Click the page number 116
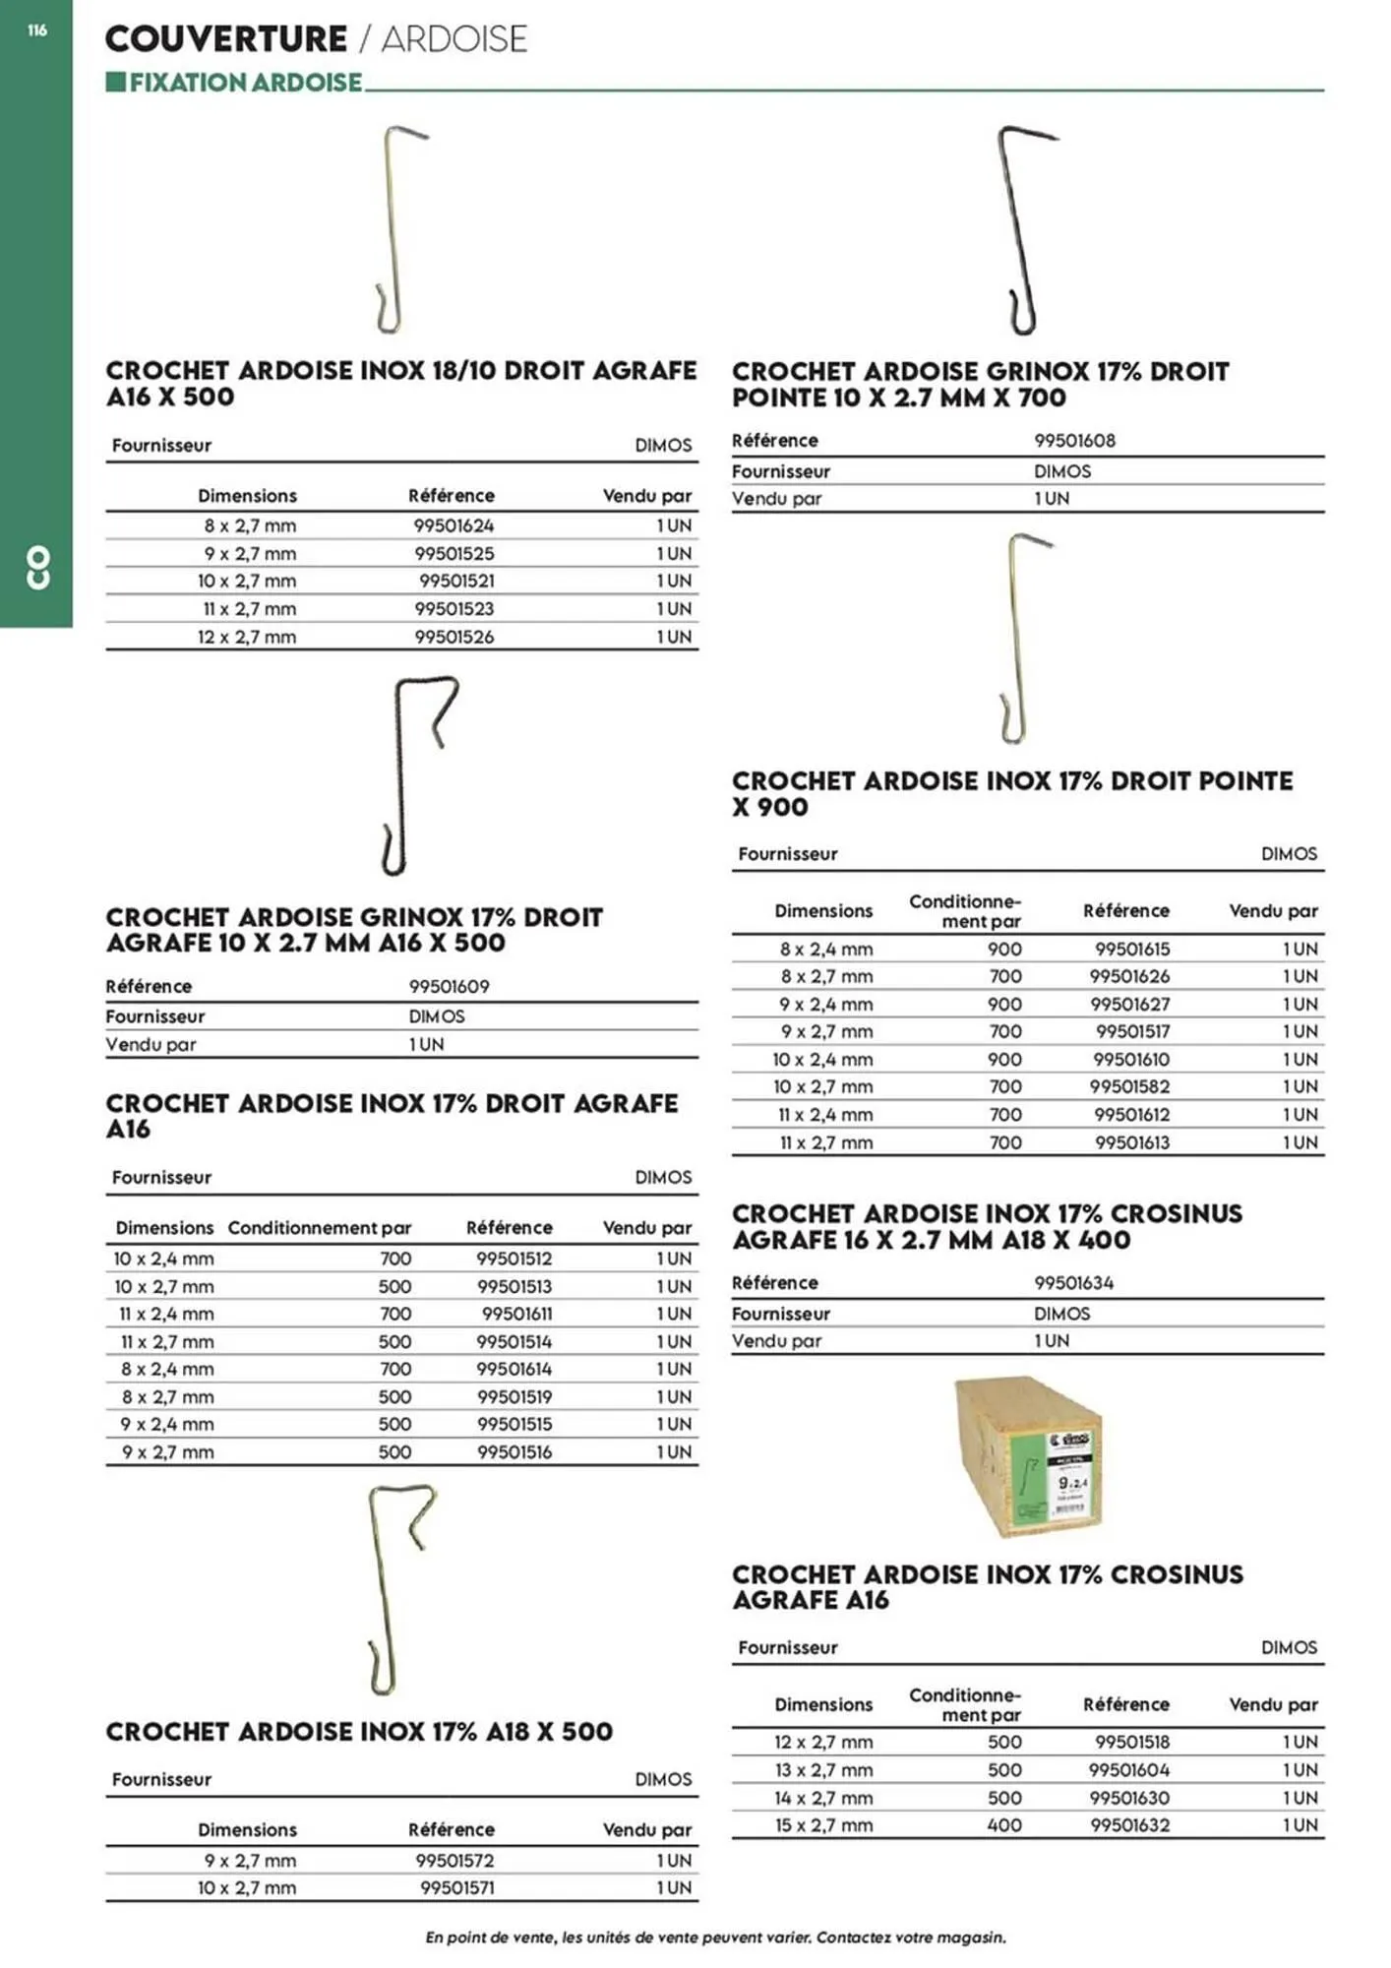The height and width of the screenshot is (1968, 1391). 36,31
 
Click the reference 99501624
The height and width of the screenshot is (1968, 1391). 454,525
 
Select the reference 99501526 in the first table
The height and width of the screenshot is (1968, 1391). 454,637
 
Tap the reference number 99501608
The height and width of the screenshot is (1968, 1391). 1074,441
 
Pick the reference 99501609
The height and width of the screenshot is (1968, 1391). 449,986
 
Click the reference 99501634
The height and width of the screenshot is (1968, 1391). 1074,1283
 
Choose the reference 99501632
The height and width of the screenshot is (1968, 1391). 1129,1825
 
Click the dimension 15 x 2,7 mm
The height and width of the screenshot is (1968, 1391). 823,1825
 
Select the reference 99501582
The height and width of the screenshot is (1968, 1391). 1129,1087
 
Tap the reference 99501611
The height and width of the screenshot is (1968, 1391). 516,1314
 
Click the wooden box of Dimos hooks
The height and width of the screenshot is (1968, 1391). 1029,1455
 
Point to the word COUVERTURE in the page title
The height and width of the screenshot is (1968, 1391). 225,39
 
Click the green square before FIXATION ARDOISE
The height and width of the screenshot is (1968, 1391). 115,82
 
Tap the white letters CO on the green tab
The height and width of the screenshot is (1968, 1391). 37,568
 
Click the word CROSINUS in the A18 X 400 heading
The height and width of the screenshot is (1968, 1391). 1175,1214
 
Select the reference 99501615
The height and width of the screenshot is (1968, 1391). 1132,950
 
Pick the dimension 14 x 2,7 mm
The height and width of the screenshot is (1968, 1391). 823,1798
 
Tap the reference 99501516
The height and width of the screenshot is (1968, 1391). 514,1452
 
